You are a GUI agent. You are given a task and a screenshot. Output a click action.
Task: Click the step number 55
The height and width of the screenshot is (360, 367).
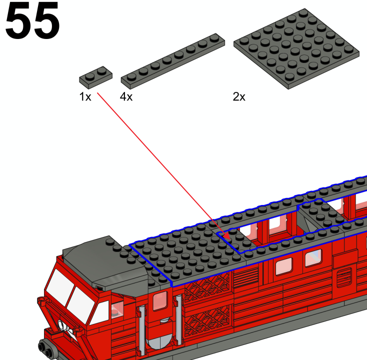tap(32, 20)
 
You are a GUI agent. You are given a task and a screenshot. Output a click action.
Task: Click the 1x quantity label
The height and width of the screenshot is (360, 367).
tap(85, 96)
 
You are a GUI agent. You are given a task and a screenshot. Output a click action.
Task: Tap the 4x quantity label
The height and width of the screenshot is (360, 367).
tap(126, 96)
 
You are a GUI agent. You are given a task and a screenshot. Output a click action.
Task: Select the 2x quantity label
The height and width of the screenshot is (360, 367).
tap(239, 96)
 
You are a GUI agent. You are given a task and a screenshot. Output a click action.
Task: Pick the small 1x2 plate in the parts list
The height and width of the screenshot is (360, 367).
tap(95, 77)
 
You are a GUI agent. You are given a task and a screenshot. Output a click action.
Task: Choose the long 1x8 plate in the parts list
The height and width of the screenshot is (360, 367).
tap(172, 61)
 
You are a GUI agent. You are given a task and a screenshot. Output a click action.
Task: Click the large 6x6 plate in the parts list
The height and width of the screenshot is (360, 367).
tap(296, 48)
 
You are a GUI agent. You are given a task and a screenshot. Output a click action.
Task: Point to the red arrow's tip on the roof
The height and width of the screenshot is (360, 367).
tap(229, 239)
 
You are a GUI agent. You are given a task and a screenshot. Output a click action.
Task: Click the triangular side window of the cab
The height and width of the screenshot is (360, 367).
tap(100, 312)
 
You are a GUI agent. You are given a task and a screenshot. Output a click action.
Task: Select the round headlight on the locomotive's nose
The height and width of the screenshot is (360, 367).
tap(61, 325)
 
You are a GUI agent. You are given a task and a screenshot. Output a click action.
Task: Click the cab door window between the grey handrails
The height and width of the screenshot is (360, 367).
tap(160, 301)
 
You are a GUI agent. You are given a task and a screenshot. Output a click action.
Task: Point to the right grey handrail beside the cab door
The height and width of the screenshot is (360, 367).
tap(178, 320)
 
